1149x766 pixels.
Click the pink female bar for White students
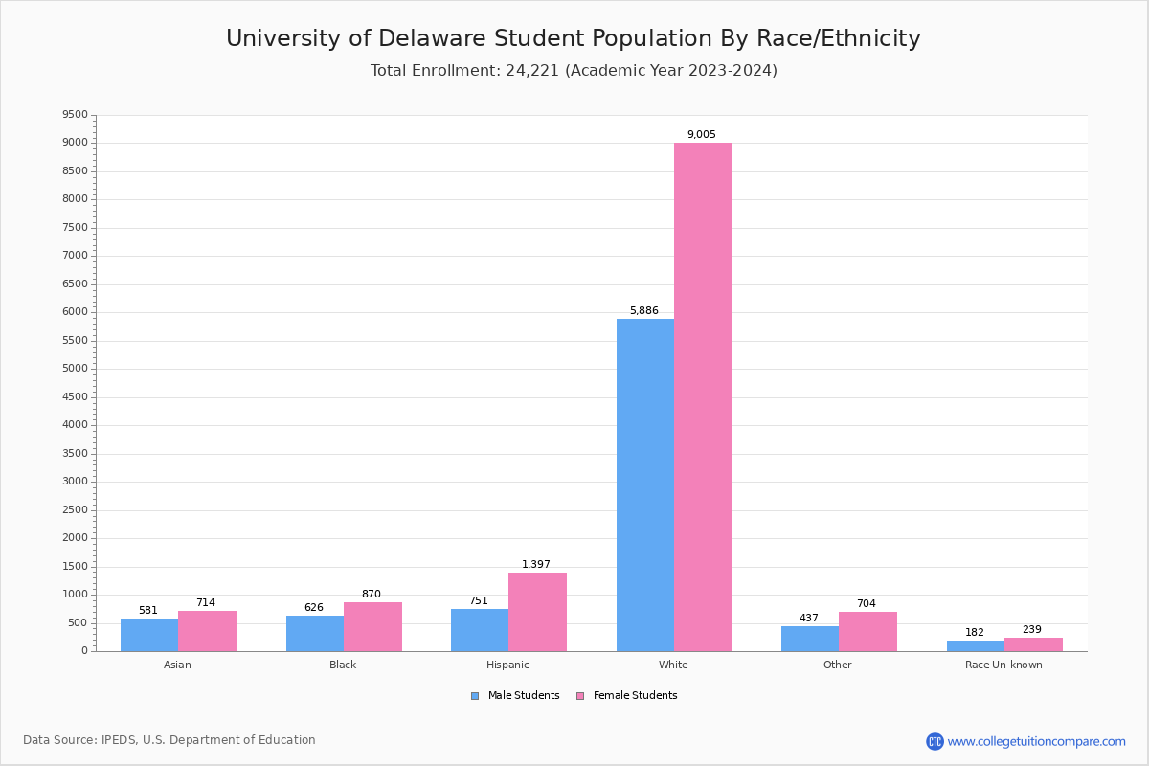point(703,396)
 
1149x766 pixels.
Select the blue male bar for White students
point(645,484)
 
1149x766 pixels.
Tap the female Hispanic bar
point(537,612)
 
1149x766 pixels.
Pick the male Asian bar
point(149,635)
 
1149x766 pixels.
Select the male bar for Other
point(810,639)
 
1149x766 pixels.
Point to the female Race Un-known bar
point(1033,644)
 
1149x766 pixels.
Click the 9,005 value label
point(701,135)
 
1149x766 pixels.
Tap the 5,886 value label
point(643,311)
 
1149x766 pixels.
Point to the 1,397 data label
point(535,565)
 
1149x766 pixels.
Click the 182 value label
point(974,633)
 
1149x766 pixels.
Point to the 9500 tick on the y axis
point(75,115)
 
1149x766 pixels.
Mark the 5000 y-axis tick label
point(75,369)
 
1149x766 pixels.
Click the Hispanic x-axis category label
point(507,665)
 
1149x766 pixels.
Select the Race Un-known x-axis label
point(1003,665)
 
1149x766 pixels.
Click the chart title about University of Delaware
point(574,39)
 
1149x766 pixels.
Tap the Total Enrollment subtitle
point(574,71)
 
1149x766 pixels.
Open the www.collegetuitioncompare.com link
point(1036,741)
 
